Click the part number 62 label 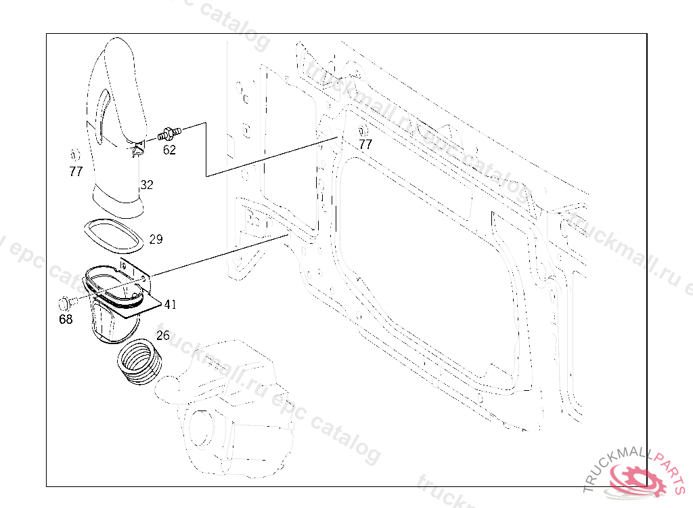pyautogui.click(x=169, y=150)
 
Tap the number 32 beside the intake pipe pyautogui.click(x=147, y=184)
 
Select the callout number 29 pyautogui.click(x=156, y=239)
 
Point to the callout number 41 pyautogui.click(x=170, y=304)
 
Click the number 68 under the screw pyautogui.click(x=66, y=319)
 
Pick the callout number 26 pyautogui.click(x=163, y=335)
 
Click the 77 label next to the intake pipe pyautogui.click(x=76, y=171)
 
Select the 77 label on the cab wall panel pyautogui.click(x=365, y=144)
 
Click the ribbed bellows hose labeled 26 pyautogui.click(x=139, y=364)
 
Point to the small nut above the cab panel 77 pyautogui.click(x=363, y=130)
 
